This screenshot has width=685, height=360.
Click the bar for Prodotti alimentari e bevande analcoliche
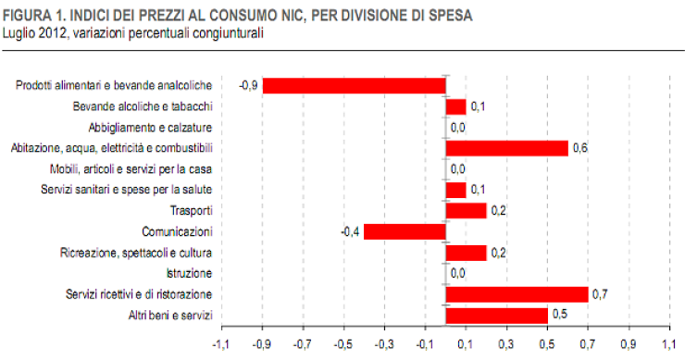[x=354, y=85]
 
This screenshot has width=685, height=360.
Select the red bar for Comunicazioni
[x=405, y=231]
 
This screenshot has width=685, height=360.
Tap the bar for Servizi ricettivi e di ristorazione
[x=517, y=294]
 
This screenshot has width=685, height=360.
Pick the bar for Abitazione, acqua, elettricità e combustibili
[x=506, y=148]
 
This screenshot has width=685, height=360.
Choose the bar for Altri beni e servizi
[x=496, y=316]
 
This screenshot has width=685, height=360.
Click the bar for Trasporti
[x=466, y=211]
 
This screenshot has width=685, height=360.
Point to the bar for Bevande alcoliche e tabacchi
[x=455, y=106]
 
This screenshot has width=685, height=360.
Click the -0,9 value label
[x=247, y=85]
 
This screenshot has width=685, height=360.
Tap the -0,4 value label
[x=350, y=231]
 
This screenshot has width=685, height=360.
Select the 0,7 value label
[x=600, y=294]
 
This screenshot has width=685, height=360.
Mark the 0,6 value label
[x=580, y=148]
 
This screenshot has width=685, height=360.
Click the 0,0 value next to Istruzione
[x=457, y=274]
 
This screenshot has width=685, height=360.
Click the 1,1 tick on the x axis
[x=670, y=345]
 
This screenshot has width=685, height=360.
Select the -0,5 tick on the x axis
[x=342, y=345]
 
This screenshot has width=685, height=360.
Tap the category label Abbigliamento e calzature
[x=151, y=127]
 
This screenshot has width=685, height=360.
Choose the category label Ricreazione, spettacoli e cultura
[x=136, y=253]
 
